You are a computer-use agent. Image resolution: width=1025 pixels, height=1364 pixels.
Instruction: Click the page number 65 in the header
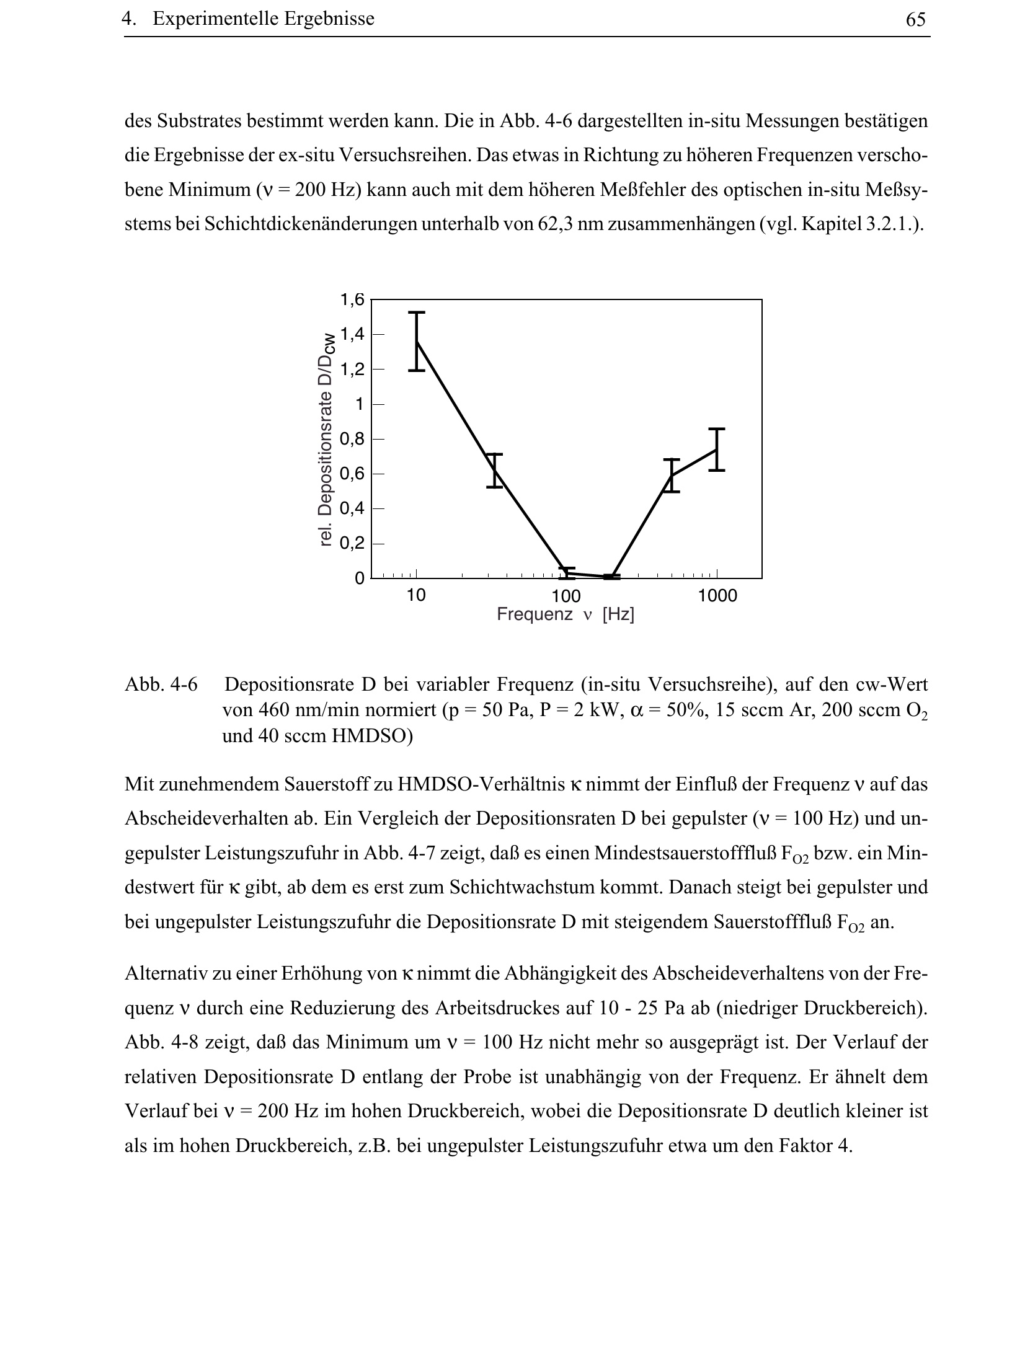click(915, 20)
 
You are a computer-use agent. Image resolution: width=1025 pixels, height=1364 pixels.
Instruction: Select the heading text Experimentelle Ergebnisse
click(263, 19)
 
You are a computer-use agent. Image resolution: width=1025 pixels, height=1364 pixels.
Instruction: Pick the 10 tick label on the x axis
click(416, 596)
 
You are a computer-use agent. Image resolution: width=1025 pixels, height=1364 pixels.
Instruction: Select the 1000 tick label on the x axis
click(717, 596)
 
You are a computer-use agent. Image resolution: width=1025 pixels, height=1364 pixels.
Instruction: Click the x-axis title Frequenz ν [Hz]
click(566, 615)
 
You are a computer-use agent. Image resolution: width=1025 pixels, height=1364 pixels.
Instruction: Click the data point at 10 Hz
click(417, 342)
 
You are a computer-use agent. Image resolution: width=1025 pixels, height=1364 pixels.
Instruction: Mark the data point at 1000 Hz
click(717, 449)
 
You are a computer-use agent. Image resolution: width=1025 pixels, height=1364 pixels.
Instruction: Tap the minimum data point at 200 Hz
click(612, 577)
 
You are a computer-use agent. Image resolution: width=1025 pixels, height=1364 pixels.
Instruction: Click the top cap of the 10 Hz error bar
click(417, 312)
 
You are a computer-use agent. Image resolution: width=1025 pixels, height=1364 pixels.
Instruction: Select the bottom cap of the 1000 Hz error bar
click(717, 471)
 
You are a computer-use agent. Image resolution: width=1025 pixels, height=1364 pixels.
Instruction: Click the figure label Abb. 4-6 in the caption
click(161, 685)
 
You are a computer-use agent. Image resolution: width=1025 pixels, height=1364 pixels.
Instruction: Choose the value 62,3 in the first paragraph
click(554, 223)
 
